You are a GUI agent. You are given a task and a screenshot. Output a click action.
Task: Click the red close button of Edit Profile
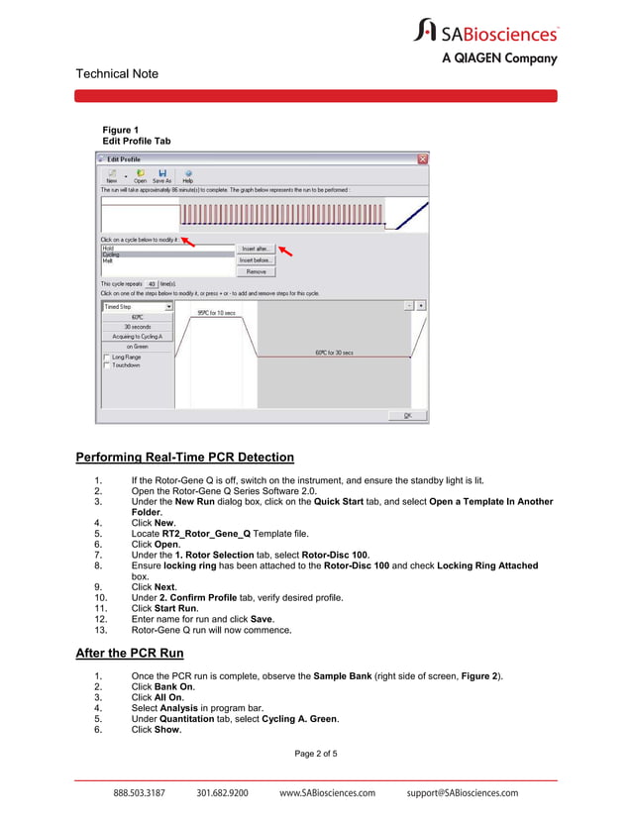point(422,159)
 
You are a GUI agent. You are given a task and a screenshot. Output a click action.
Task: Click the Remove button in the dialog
point(256,271)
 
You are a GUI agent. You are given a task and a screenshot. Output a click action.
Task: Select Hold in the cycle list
point(109,249)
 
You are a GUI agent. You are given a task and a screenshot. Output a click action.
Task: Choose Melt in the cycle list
point(108,260)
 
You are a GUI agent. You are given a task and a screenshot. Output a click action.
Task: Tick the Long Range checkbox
point(107,357)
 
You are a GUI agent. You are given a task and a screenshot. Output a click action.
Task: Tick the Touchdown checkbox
point(107,365)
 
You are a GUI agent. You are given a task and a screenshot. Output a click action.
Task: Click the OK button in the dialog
point(407,416)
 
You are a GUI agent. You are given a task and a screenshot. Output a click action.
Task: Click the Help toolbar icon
point(187,175)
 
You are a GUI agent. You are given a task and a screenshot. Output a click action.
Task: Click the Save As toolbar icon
point(161,175)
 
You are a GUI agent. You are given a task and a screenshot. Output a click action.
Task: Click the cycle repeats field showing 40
point(151,283)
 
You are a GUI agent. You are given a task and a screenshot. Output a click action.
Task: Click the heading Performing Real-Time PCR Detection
point(185,458)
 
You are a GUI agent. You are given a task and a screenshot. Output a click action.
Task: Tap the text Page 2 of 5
point(316,755)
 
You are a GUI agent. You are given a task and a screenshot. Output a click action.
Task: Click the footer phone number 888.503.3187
point(140,793)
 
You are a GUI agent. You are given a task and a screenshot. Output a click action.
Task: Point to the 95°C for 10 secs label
point(217,313)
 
